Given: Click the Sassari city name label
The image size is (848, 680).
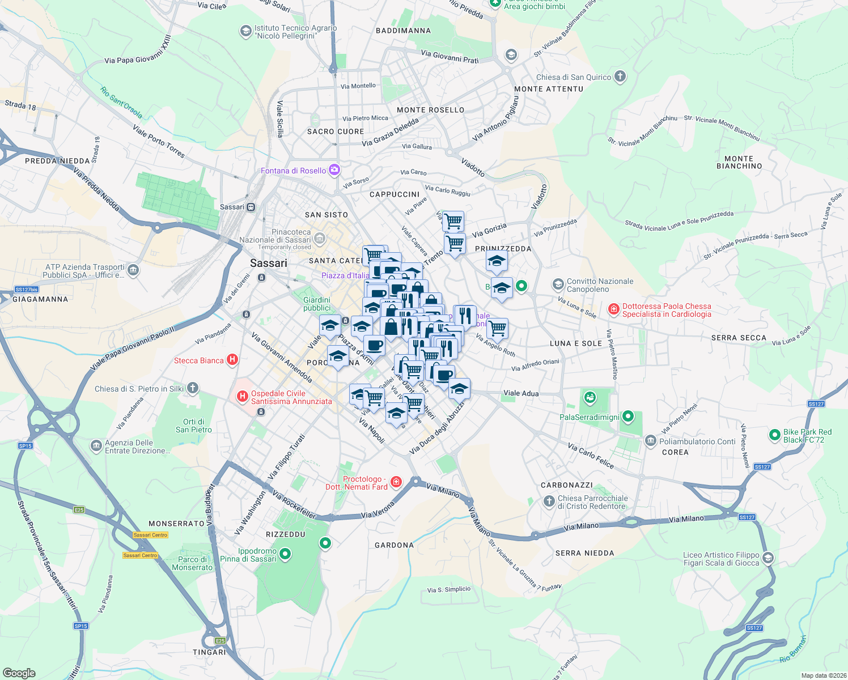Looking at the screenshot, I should (269, 263).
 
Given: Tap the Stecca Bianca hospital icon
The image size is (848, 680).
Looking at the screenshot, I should (232, 360).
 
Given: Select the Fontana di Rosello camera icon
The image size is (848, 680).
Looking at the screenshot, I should (334, 170).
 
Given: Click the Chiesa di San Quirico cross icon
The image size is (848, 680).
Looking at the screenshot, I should (620, 76).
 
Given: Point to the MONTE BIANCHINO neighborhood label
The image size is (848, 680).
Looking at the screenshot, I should (739, 163).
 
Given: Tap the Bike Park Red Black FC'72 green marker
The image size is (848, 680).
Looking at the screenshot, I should (774, 435).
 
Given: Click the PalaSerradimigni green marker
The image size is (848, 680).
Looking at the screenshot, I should (627, 417).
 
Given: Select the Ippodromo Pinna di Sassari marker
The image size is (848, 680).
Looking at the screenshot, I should (285, 554).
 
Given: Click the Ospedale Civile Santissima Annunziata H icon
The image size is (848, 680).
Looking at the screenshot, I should (243, 397).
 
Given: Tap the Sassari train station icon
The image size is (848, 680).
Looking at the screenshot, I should (251, 207).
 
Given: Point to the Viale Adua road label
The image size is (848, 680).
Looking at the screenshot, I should (521, 393).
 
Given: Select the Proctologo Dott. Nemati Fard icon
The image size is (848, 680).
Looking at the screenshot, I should (396, 482).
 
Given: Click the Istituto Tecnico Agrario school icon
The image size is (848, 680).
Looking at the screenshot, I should (245, 31).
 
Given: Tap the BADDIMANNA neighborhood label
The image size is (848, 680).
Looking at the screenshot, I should (403, 31).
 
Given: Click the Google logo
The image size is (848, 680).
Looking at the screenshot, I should (19, 673).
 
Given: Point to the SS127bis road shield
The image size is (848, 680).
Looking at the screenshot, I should (27, 290).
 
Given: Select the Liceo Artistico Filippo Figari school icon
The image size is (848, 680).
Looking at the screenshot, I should (768, 558).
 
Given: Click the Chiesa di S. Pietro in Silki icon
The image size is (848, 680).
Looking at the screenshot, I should (193, 388).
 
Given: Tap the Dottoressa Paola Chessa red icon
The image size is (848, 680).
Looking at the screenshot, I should (613, 309).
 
